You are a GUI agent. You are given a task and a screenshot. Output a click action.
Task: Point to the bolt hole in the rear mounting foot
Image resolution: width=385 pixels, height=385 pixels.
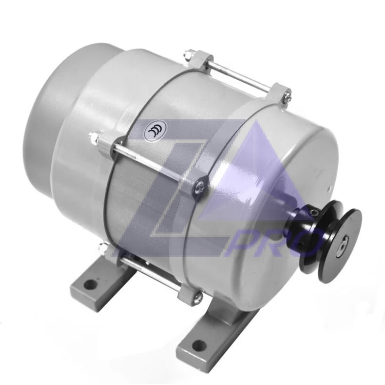pyautogui.click(x=91, y=283)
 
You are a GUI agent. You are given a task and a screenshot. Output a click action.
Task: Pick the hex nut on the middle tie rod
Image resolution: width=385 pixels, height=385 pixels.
pyautogui.click(x=93, y=136)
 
